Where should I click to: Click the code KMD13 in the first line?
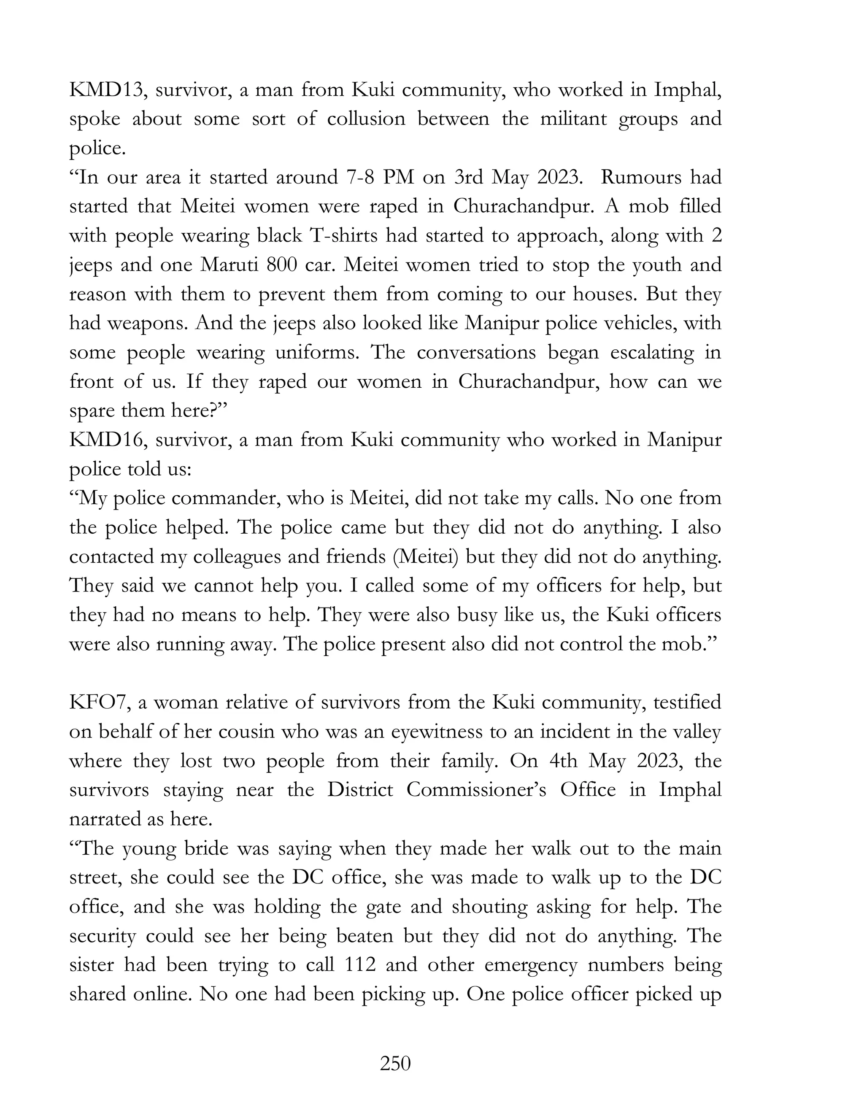108,90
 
